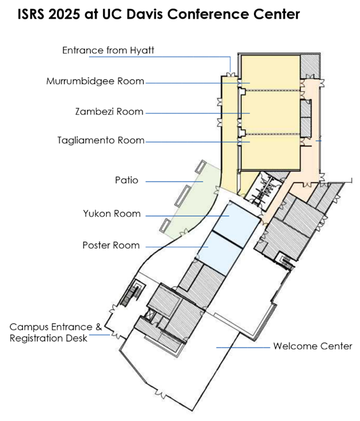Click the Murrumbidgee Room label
pos(95,81)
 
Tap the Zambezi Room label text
pos(109,111)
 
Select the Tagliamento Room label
pos(101,140)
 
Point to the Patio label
pos(127,180)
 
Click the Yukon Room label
pos(112,213)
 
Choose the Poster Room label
pos(111,245)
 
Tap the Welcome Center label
pos(313,346)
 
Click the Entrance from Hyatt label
pos(108,50)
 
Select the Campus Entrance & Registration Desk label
pos(56,332)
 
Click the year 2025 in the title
pos(64,14)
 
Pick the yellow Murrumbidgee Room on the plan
pos(270,72)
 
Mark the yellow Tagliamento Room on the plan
pos(270,151)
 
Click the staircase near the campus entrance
pos(132,293)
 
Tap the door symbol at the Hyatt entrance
pos(230,74)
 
